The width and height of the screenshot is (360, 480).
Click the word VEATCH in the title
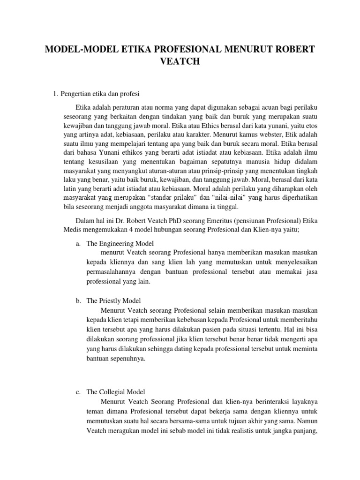click(x=180, y=61)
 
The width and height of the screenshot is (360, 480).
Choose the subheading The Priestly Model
click(x=114, y=300)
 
